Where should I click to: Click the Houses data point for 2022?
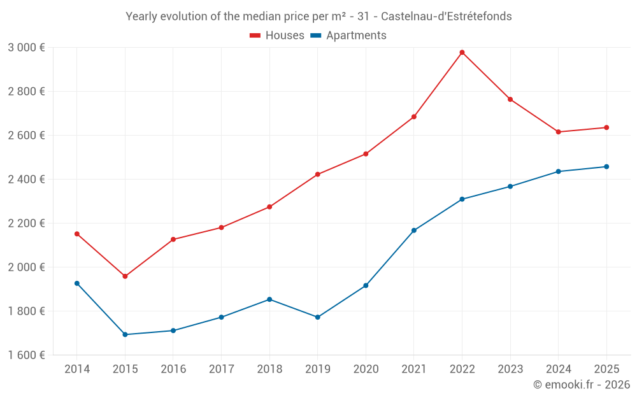point(462,52)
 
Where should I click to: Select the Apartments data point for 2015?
point(125,334)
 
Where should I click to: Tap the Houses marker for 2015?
point(125,276)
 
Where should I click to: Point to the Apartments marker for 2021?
point(414,231)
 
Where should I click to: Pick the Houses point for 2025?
point(606,127)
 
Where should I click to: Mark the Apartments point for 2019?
point(318,317)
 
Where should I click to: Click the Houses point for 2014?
point(77,234)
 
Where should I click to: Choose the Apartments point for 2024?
point(558,171)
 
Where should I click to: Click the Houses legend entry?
point(277,36)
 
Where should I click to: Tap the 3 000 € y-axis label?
point(26,48)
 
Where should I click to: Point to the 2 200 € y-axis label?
point(26,224)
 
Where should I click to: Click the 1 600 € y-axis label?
point(26,355)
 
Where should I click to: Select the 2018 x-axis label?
point(269,369)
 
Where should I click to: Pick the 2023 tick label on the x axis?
point(510,369)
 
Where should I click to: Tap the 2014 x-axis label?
point(77,369)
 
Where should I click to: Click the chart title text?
point(318,17)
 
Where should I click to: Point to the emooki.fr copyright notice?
point(581,385)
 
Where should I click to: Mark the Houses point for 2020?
point(366,154)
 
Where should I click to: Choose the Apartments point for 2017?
point(221,317)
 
